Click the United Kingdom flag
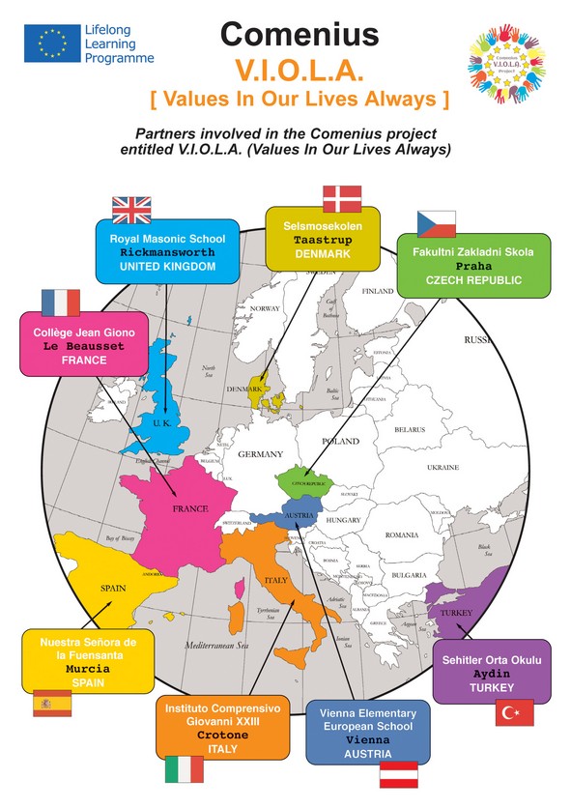coord(132,209)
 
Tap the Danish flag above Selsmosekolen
coord(342,197)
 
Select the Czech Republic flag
coord(435,223)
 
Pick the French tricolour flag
coord(60,303)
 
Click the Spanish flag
coord(52,703)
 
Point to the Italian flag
coord(184,769)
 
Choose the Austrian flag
coord(397,774)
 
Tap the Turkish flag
coord(515,713)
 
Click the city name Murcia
coord(88,668)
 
